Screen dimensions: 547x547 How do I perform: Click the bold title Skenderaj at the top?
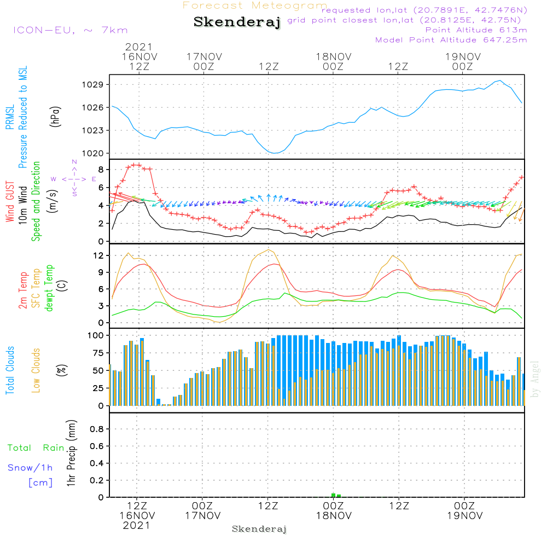pyautogui.click(x=237, y=22)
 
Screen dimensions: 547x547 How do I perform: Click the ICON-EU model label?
pyautogui.click(x=69, y=30)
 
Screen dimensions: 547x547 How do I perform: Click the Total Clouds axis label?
pyautogui.click(x=10, y=370)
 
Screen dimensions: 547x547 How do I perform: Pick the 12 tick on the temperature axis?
pyautogui.click(x=99, y=255)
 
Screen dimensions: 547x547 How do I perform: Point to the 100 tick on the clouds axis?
pyautogui.click(x=96, y=335)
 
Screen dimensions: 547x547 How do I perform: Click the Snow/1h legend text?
pyautogui.click(x=30, y=468)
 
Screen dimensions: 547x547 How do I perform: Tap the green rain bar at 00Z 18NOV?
pyautogui.click(x=334, y=495)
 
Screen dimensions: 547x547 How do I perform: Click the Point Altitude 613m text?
pyautogui.click(x=476, y=30)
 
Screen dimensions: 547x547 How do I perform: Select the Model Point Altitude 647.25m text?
pyautogui.click(x=451, y=40)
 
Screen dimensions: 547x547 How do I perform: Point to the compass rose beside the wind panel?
pyautogui.click(x=74, y=178)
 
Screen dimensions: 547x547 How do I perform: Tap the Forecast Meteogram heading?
pyautogui.click(x=254, y=5)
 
